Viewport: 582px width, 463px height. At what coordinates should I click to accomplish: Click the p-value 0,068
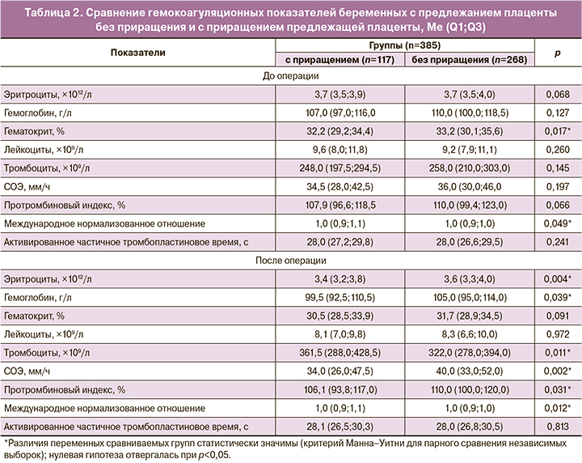tap(557, 95)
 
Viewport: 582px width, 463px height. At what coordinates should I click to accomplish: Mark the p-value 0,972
tap(557, 334)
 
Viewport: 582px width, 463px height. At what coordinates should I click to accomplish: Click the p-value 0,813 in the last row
tap(557, 426)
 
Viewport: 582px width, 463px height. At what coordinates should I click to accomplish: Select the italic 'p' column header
tap(557, 53)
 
